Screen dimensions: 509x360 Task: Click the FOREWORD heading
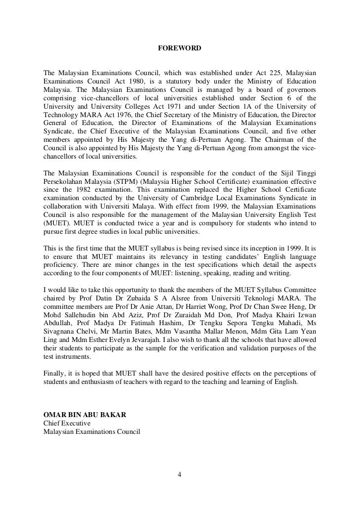[180, 48]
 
